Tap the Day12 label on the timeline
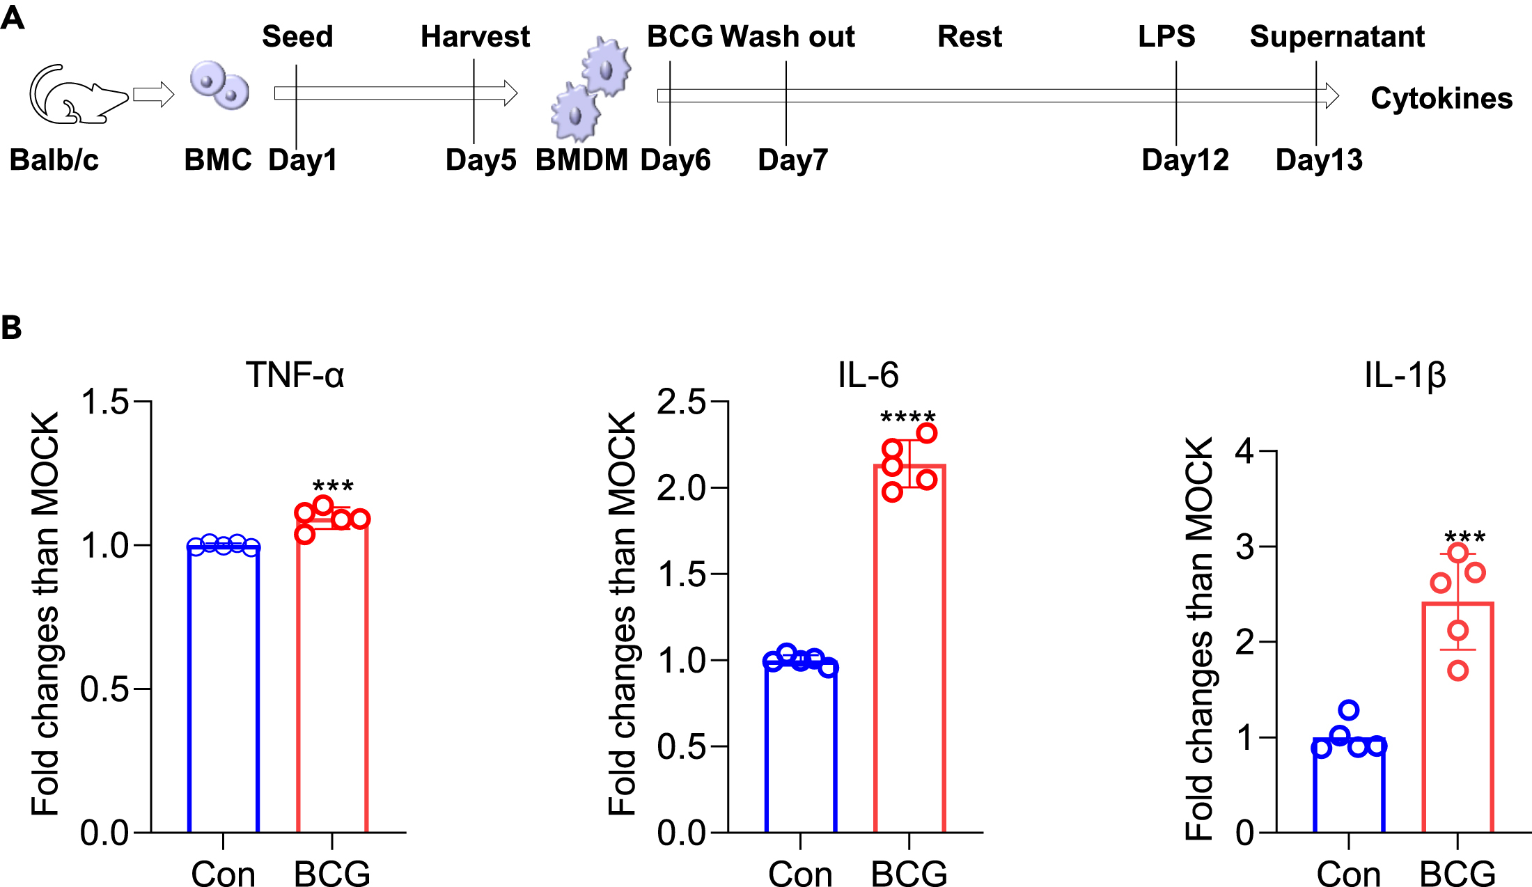pyautogui.click(x=1185, y=160)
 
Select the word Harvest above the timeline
pyautogui.click(x=475, y=36)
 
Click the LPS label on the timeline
pyautogui.click(x=1166, y=36)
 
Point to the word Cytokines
pyautogui.click(x=1441, y=98)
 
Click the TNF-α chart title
pyautogui.click(x=295, y=375)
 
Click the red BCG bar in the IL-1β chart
pyautogui.click(x=1457, y=724)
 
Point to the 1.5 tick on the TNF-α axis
pyautogui.click(x=104, y=402)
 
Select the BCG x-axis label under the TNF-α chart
pyautogui.click(x=331, y=873)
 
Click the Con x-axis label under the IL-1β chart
pyautogui.click(x=1348, y=873)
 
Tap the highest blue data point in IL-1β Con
pyautogui.click(x=1349, y=710)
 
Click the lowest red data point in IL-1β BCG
pyautogui.click(x=1457, y=671)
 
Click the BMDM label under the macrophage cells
pyautogui.click(x=581, y=160)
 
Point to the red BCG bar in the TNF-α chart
pyautogui.click(x=331, y=682)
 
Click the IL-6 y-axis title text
pyautogui.click(x=622, y=613)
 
